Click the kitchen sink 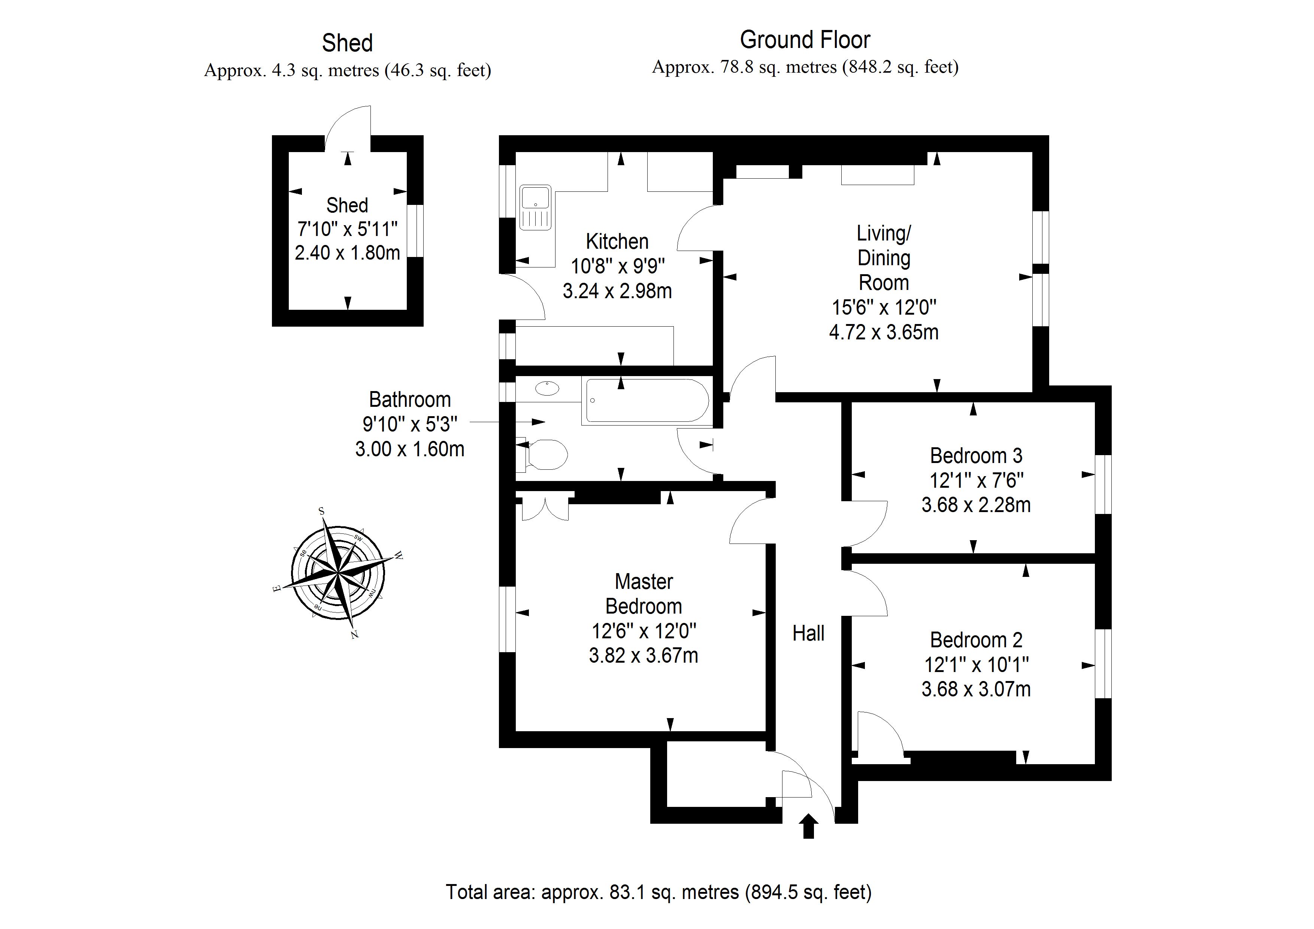coord(535,207)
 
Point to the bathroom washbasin coord(547,388)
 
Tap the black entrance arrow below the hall coord(809,826)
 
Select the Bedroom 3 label coord(976,456)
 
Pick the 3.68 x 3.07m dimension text coord(976,689)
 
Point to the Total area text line coord(658,892)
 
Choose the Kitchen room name coord(617,242)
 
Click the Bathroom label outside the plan coord(410,400)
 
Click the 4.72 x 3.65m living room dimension coord(884,332)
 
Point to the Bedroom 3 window coord(1103,484)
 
